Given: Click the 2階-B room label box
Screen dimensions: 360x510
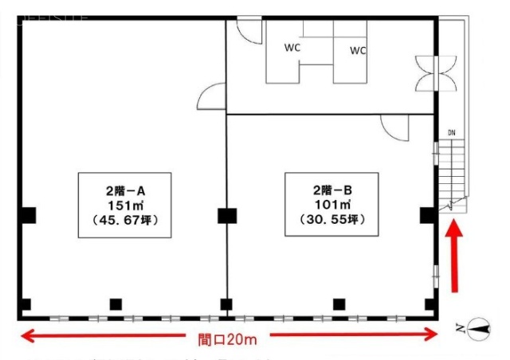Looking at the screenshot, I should pyautogui.click(x=327, y=203).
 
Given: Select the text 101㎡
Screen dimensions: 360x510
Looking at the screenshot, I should pyautogui.click(x=327, y=204).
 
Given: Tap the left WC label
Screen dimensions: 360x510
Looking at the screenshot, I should pyautogui.click(x=292, y=47).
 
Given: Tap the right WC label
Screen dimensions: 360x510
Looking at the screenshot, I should pyautogui.click(x=358, y=50).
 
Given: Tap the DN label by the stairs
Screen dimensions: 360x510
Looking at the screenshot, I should pyautogui.click(x=451, y=132).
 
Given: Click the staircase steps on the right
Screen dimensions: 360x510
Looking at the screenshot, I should pyautogui.click(x=452, y=175).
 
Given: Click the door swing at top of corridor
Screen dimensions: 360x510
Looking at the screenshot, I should pyautogui.click(x=249, y=31).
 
